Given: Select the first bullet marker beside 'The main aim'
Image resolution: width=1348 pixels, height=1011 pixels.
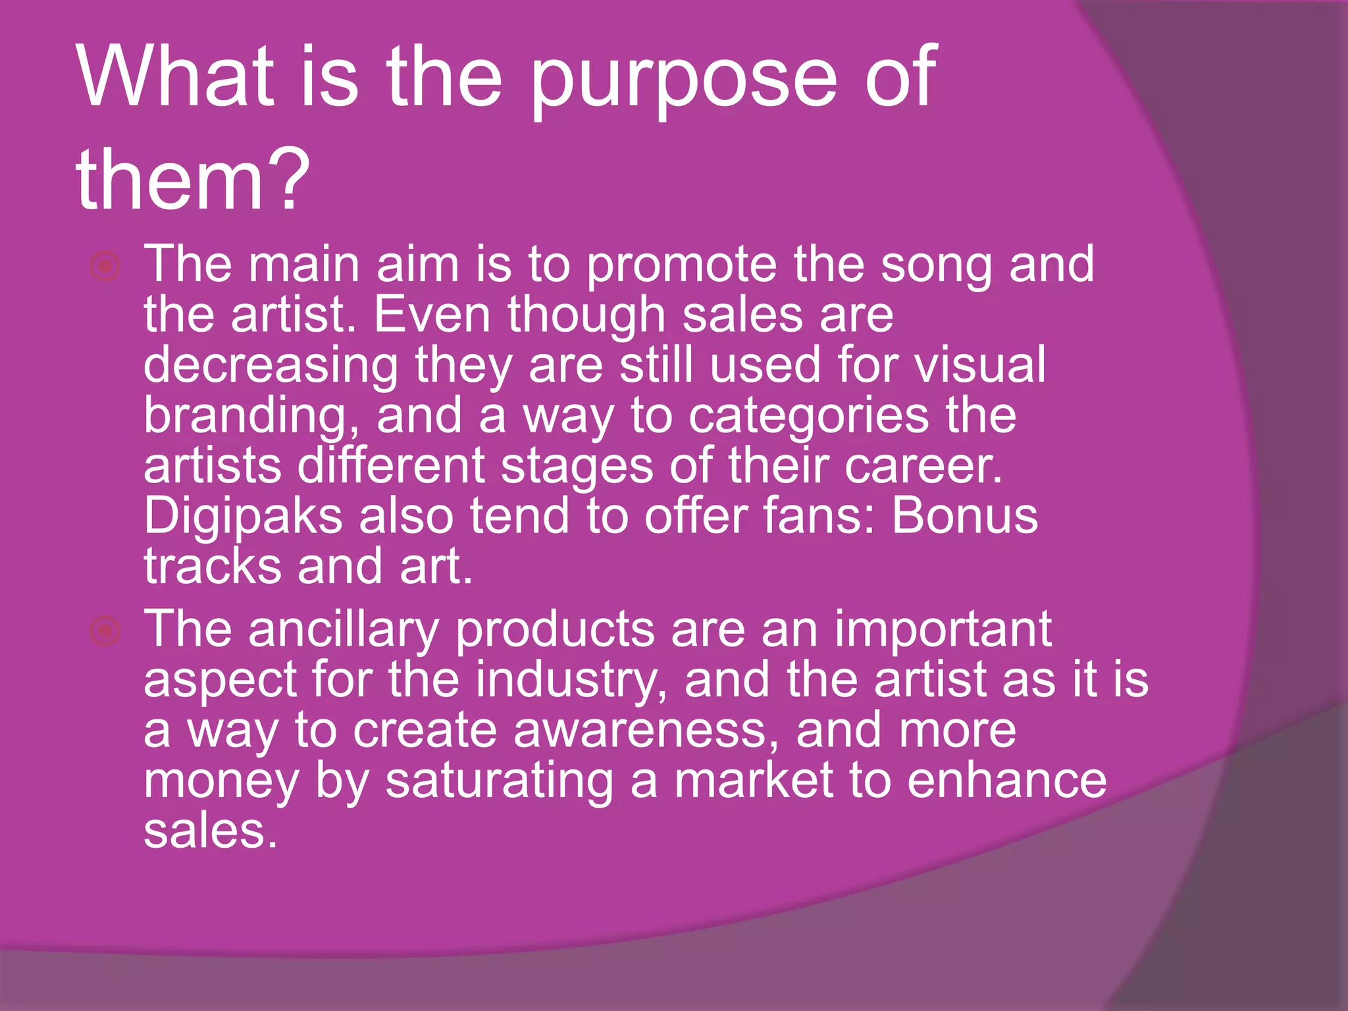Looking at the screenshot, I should [105, 267].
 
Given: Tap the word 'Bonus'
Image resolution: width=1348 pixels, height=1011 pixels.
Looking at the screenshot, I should [965, 516].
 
